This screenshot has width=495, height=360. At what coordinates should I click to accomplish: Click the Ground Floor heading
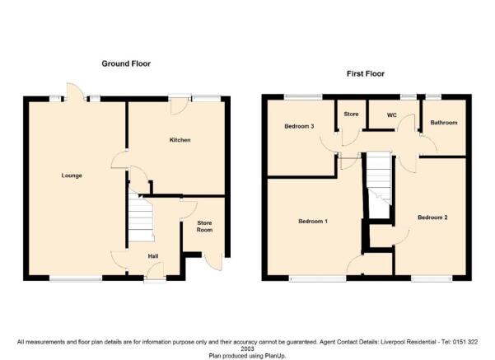click(126, 63)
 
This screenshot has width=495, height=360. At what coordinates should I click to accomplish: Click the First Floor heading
click(366, 74)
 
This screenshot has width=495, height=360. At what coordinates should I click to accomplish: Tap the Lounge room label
click(72, 175)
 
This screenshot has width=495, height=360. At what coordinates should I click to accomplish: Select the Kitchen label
click(180, 140)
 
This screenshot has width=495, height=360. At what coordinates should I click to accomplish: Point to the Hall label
click(153, 256)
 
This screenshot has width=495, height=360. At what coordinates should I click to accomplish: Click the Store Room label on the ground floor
click(204, 227)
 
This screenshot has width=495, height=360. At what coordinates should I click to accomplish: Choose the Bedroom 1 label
click(313, 222)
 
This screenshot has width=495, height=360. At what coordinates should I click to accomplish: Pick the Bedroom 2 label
click(432, 217)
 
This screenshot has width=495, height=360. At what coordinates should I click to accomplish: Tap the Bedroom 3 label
click(299, 126)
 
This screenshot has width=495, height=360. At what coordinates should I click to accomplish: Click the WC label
click(392, 115)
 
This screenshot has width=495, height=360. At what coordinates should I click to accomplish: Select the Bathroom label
click(444, 123)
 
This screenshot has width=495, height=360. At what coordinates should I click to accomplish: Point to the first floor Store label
click(351, 114)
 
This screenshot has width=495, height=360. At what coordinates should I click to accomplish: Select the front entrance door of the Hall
click(156, 271)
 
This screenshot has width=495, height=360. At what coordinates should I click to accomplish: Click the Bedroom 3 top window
click(303, 96)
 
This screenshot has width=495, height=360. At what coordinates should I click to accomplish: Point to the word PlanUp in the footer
click(276, 356)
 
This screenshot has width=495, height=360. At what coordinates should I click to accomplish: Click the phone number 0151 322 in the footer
click(465, 342)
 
